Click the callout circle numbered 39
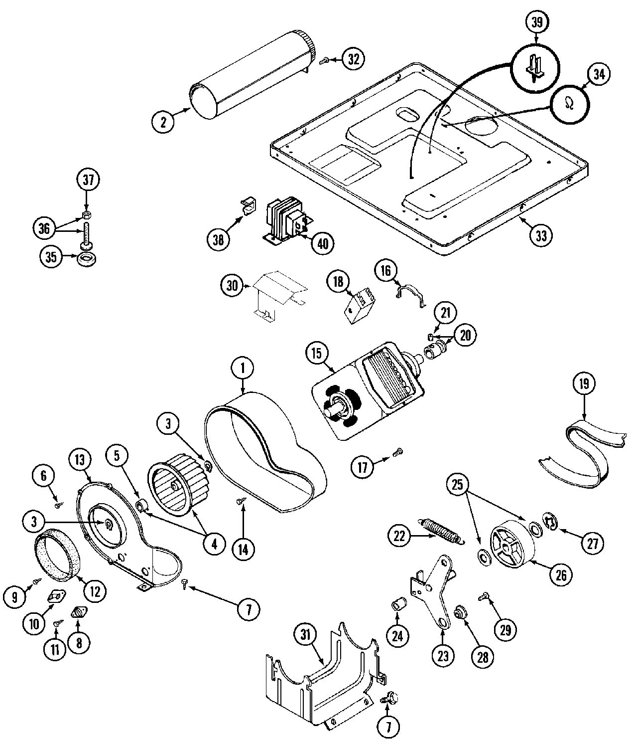point(536,22)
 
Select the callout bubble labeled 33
point(541,234)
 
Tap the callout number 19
point(584,384)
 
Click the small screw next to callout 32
point(323,60)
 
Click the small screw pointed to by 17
point(397,453)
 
